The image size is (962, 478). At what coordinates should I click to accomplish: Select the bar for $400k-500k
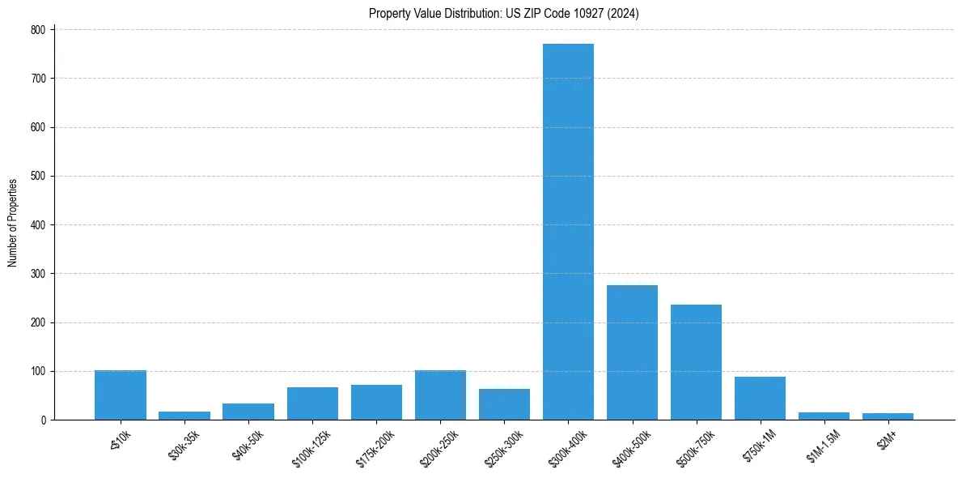click(x=632, y=352)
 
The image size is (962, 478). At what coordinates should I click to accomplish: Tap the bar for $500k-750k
click(x=696, y=362)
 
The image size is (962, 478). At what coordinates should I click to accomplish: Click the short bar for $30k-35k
click(x=184, y=416)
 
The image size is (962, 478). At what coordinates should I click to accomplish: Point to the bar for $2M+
click(x=888, y=416)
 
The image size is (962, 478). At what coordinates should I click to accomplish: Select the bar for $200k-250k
click(x=440, y=395)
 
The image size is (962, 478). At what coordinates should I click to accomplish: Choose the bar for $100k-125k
click(x=312, y=403)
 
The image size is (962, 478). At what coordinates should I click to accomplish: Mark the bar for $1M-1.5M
click(x=824, y=416)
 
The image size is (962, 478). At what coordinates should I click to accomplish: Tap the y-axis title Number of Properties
click(x=13, y=223)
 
